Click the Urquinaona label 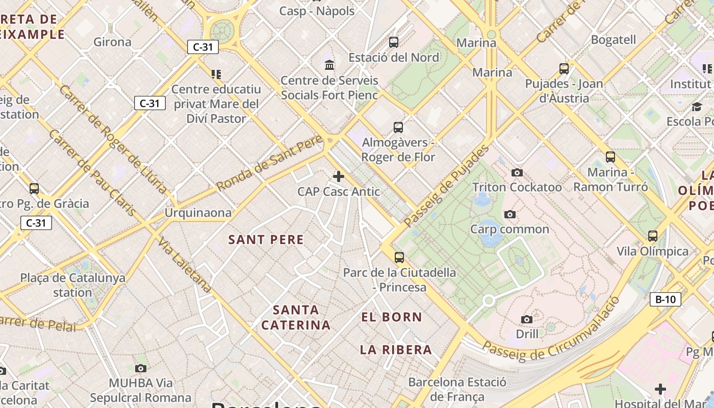point(198,213)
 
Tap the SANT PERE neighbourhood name point(266,240)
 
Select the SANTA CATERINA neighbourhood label point(296,317)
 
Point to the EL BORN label point(392,317)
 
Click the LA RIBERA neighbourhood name point(396,350)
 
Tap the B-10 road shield point(666,299)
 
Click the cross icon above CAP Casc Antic point(338,176)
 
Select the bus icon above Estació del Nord point(394,42)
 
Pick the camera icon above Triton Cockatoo point(517,172)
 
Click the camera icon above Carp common point(509,215)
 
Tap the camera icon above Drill point(527,320)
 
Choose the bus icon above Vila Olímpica point(653,236)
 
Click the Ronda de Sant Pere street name point(270,163)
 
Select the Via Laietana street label point(185,264)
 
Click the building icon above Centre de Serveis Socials point(329,65)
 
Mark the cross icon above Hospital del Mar point(660,390)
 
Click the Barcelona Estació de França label point(457,390)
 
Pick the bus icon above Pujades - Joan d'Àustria point(564,68)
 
